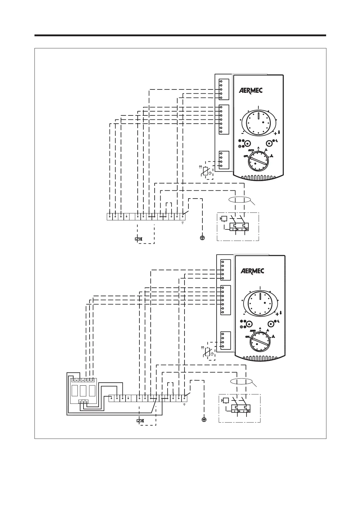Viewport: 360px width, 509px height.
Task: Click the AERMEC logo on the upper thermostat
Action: pos(251,90)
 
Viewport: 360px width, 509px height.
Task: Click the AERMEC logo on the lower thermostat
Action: pos(252,271)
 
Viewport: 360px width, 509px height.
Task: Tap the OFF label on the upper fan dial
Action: pos(246,156)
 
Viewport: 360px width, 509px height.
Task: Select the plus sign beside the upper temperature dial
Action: pos(275,133)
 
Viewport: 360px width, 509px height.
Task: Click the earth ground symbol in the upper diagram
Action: pos(202,238)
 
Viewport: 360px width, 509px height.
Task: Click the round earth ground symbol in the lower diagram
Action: pos(204,420)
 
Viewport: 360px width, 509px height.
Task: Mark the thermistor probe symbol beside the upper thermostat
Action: pos(206,171)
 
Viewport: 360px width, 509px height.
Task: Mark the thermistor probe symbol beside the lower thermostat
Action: pos(208,352)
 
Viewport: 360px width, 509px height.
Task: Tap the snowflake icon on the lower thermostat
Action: pos(242,321)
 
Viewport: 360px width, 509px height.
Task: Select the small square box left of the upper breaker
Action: pos(224,219)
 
